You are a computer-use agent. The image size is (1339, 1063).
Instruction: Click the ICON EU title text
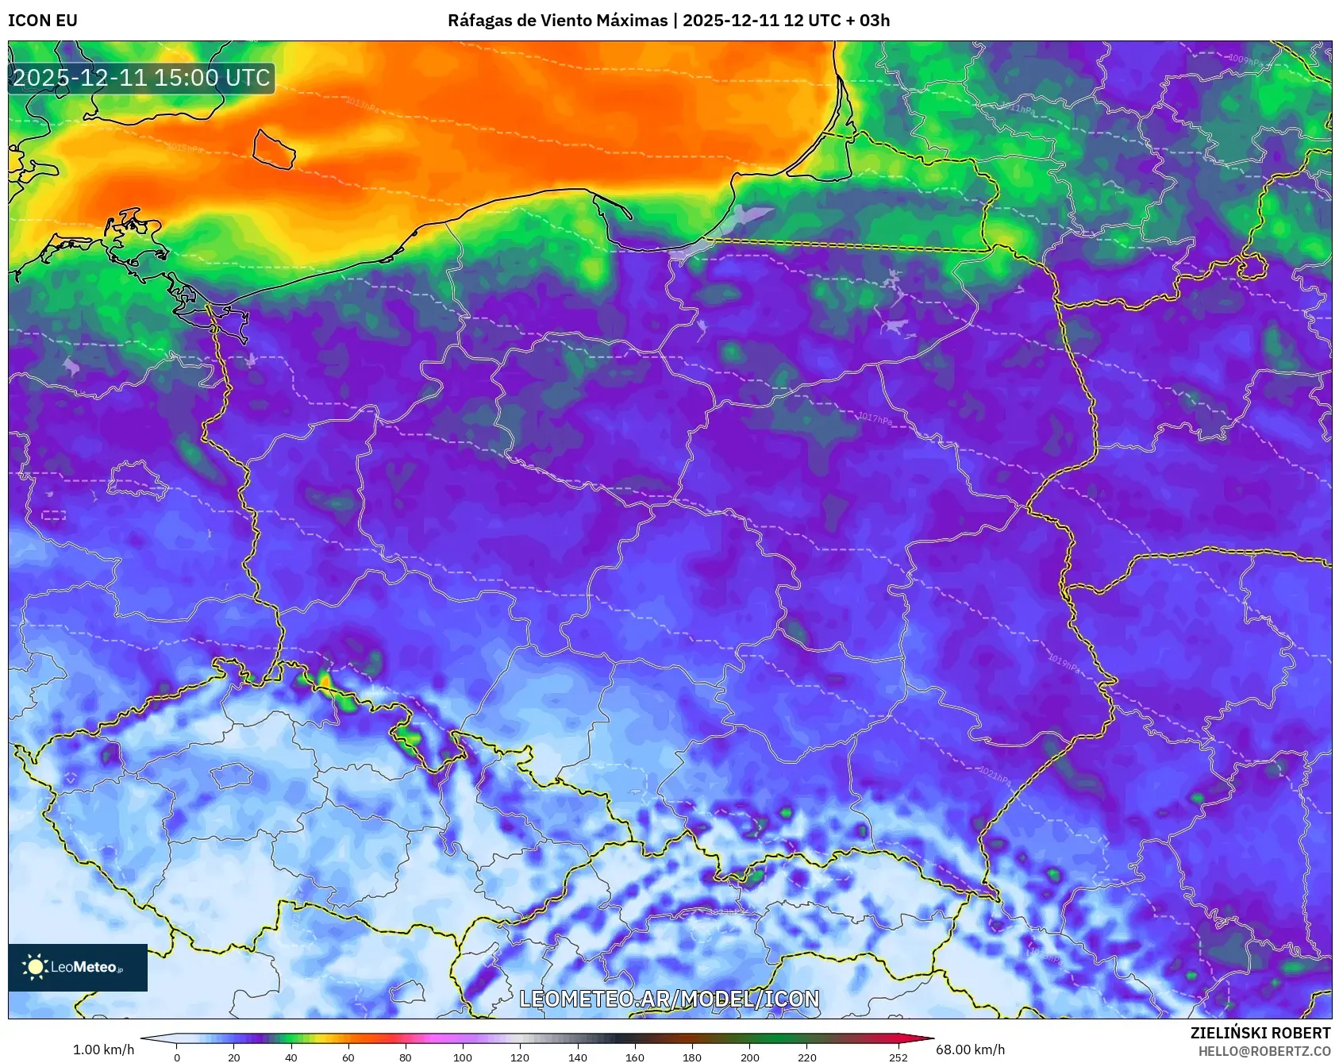43,21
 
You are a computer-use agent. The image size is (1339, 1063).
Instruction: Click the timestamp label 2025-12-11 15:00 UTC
141,78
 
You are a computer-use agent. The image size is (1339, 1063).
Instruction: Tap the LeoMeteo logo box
78,967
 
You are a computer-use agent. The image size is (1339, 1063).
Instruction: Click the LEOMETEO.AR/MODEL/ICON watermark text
669,999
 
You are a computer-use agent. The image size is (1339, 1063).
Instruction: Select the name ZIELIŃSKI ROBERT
1260,1033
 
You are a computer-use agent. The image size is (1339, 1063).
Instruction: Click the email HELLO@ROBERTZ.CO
1264,1051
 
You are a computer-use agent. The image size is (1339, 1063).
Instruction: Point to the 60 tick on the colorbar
348,1057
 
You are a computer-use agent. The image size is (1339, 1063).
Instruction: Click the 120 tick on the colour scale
520,1057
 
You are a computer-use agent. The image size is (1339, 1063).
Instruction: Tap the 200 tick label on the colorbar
749,1057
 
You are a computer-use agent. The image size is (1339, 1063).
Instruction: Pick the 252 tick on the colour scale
898,1057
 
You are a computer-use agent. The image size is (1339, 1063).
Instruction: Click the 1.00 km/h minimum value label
103,1050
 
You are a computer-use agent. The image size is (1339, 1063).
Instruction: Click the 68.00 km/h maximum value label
970,1050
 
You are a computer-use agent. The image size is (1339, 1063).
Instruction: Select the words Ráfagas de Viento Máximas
557,21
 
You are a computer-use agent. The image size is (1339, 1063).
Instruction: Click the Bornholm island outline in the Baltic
274,149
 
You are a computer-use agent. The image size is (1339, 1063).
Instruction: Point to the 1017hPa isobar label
874,418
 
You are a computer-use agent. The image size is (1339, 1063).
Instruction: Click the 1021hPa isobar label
994,775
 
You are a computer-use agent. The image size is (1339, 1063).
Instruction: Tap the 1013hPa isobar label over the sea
362,104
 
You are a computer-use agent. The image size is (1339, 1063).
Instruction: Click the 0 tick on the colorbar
176,1057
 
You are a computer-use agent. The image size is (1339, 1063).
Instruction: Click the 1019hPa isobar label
1064,663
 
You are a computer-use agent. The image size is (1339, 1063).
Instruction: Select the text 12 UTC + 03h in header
837,21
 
